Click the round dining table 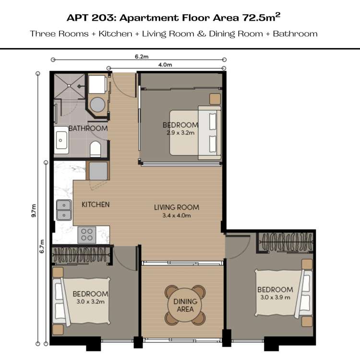point(185,305)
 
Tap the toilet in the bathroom point(96,149)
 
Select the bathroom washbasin point(61,140)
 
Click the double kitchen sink point(64,210)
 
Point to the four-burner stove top point(87,235)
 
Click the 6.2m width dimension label point(142,56)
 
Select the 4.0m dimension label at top point(165,65)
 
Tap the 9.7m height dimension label point(34,211)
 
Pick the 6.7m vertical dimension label point(42,246)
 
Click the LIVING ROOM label point(177,207)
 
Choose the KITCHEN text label point(96,204)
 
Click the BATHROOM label point(88,128)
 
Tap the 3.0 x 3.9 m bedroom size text point(276,297)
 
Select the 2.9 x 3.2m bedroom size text point(180,132)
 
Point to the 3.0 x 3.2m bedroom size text point(90,301)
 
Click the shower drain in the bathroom point(69,85)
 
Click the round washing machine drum point(97,105)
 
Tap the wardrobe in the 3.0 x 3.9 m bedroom point(286,242)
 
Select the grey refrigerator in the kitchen point(98,170)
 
